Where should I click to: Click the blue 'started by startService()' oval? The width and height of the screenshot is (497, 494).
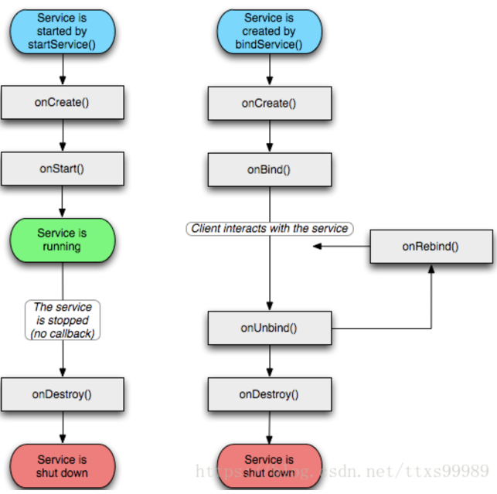[x=63, y=32]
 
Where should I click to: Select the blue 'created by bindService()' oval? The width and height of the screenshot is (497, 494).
[x=270, y=32]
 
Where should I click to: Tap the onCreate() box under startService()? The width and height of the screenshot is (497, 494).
[x=63, y=102]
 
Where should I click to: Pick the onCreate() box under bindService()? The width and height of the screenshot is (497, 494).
[x=270, y=104]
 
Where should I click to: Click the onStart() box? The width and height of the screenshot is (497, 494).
[x=63, y=169]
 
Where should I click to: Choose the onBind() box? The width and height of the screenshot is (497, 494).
[x=270, y=170]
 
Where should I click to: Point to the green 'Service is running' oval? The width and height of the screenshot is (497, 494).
[x=63, y=240]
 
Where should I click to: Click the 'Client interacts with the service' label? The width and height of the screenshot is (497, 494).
[x=270, y=229]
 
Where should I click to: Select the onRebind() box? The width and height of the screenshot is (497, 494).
[x=431, y=247]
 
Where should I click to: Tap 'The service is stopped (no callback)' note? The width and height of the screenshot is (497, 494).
[x=63, y=320]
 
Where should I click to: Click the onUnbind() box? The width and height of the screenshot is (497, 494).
[x=270, y=328]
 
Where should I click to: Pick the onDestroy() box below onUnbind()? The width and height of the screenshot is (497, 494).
[x=270, y=394]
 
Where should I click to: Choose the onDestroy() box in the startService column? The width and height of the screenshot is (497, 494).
[x=63, y=394]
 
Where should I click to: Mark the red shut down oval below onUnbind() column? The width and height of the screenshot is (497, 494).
[x=270, y=466]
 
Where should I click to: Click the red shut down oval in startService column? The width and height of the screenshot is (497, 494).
[x=63, y=466]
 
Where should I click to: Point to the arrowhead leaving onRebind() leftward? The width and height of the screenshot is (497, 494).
[x=317, y=246]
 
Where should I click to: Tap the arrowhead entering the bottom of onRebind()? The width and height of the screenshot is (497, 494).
[x=431, y=269]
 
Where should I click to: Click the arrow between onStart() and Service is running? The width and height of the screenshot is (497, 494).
[x=62, y=202]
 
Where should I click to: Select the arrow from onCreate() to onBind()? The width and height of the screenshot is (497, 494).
[x=270, y=136]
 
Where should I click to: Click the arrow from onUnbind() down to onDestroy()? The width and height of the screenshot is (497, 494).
[x=270, y=361]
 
